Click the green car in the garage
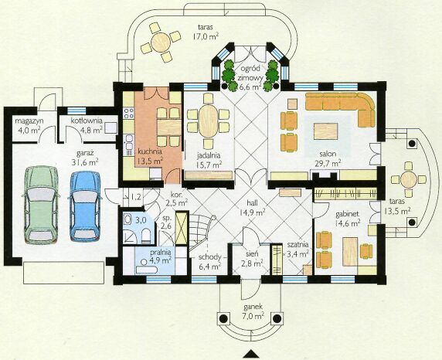(41, 205)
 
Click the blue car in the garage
(85, 206)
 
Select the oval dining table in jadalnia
(209, 121)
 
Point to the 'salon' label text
(328, 155)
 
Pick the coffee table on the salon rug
(325, 131)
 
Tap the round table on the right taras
(409, 179)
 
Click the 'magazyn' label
(29, 121)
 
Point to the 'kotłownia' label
(87, 121)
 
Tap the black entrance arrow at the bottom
(251, 354)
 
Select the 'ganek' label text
(253, 307)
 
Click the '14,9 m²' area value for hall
(251, 212)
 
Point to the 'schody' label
(209, 257)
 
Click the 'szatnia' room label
(297, 245)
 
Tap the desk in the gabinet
(350, 252)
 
